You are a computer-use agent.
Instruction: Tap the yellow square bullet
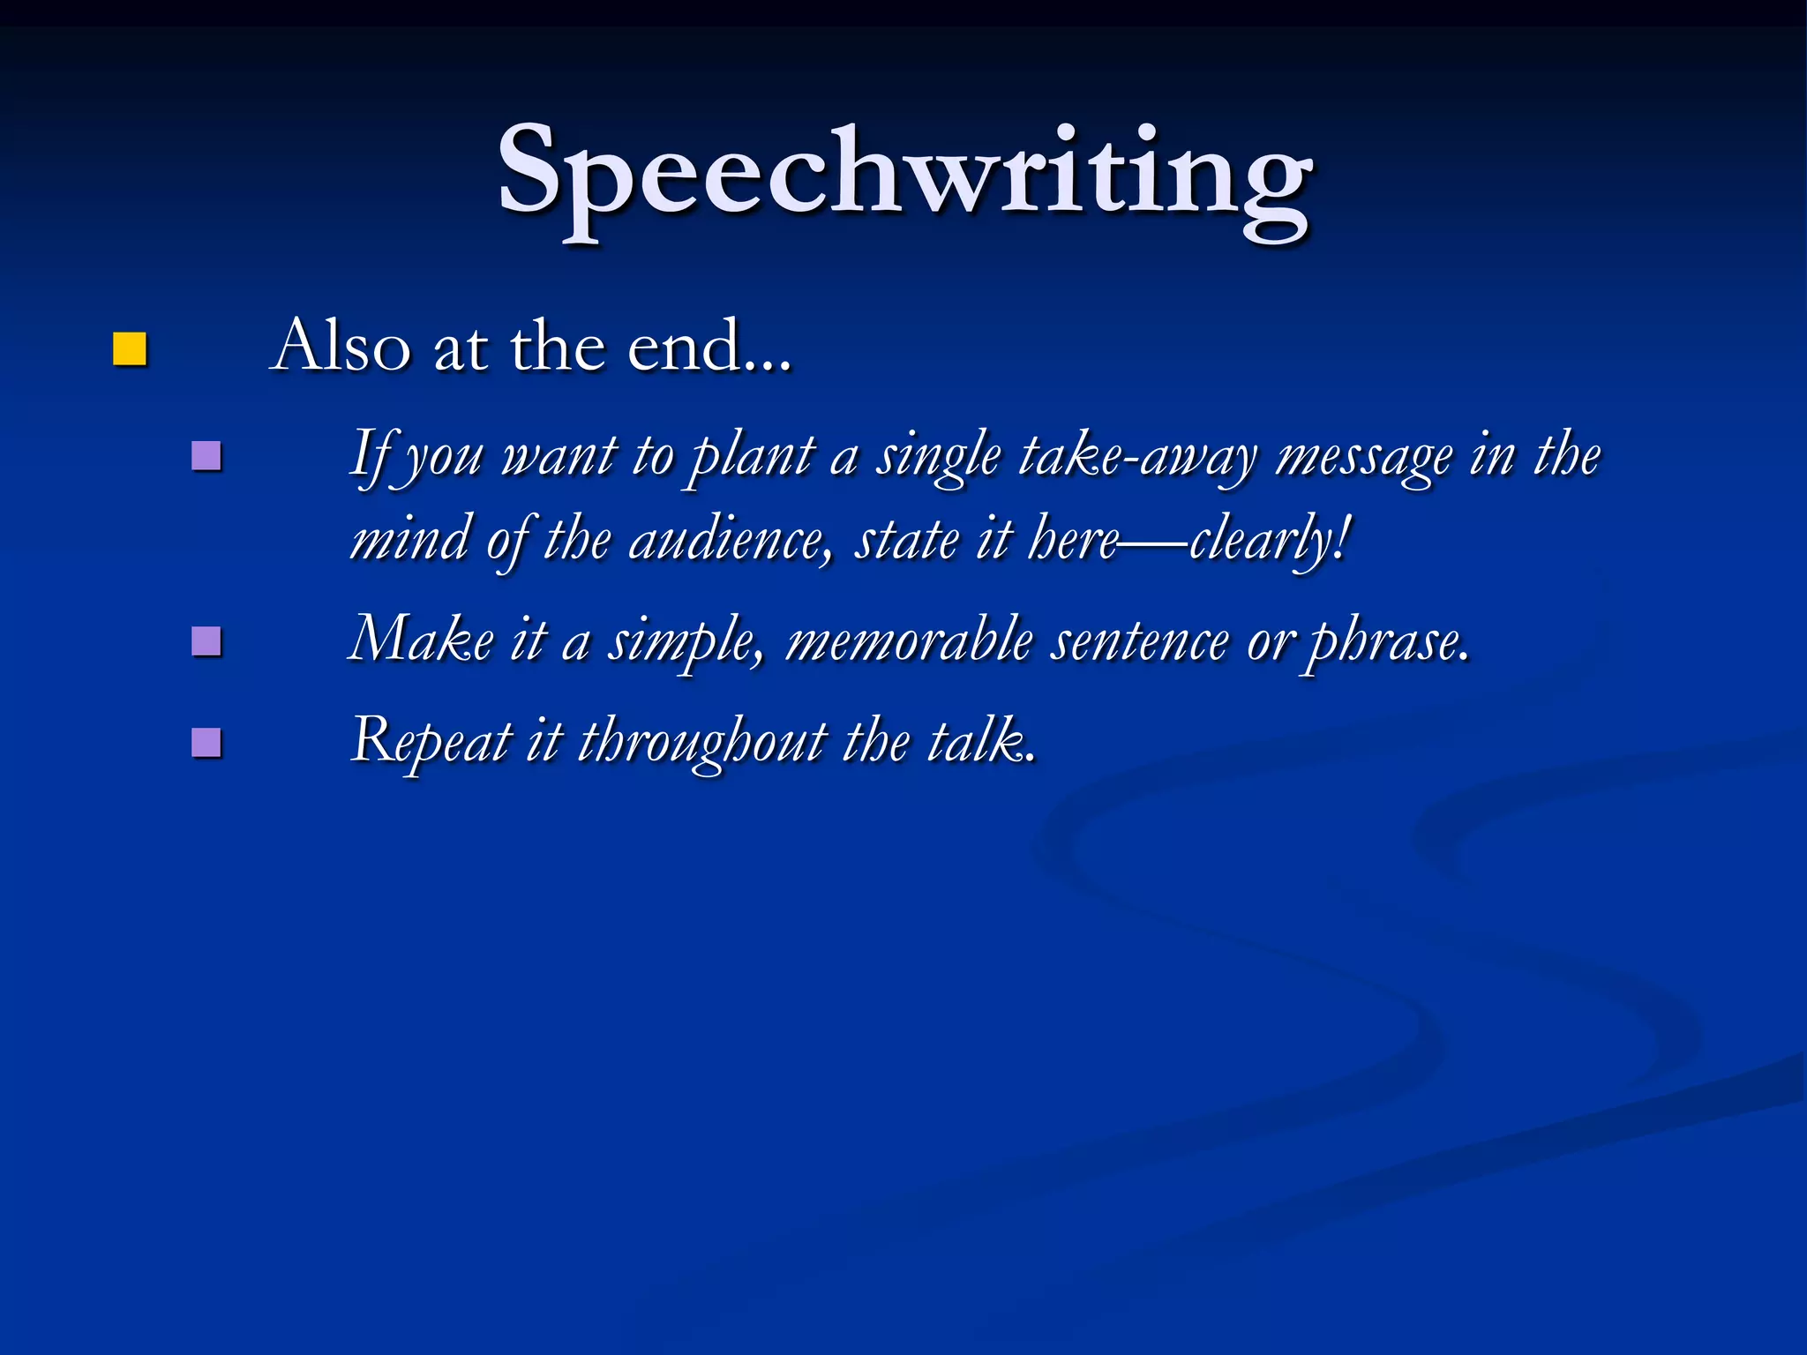(x=129, y=349)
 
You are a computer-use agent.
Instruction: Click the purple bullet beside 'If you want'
(x=206, y=456)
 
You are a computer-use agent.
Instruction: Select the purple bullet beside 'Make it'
(x=206, y=641)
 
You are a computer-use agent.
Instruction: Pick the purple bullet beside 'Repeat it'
(x=206, y=742)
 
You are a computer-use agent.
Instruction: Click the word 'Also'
(x=342, y=346)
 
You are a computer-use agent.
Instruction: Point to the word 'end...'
(x=709, y=346)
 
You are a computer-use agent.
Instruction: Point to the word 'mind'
(x=409, y=540)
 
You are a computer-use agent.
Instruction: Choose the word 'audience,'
(x=730, y=540)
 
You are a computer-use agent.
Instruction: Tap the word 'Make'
(x=421, y=640)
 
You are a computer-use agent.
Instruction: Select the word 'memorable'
(x=909, y=640)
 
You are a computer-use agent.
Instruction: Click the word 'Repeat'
(x=431, y=741)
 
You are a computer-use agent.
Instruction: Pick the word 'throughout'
(x=702, y=741)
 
